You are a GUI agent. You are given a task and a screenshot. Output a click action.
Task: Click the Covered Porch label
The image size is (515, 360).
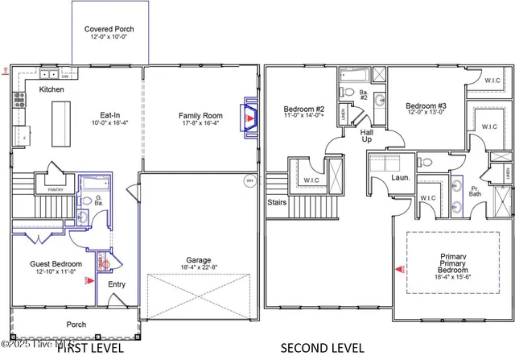[x=109, y=30]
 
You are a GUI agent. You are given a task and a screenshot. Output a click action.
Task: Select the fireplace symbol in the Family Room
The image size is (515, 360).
[x=249, y=118]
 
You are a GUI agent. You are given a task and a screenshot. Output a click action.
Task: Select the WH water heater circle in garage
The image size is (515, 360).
[x=249, y=180]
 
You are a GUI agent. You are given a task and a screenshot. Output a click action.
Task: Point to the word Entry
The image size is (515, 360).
[x=117, y=283]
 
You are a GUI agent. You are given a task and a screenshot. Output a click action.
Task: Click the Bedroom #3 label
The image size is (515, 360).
[x=426, y=106]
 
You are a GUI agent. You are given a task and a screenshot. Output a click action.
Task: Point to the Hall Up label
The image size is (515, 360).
[x=366, y=134]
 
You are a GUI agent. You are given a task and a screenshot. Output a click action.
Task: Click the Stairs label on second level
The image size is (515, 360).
[x=277, y=203]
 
